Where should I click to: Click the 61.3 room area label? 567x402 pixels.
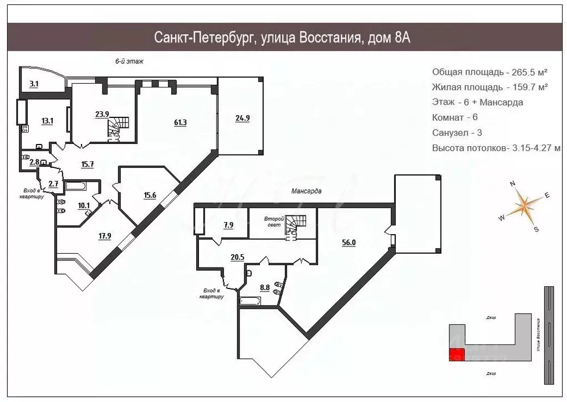pyautogui.click(x=180, y=122)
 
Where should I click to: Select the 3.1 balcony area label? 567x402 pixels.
pyautogui.click(x=34, y=84)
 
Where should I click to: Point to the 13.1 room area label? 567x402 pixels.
pyautogui.click(x=47, y=121)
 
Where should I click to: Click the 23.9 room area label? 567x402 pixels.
pyautogui.click(x=101, y=115)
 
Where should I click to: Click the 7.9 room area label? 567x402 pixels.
pyautogui.click(x=227, y=225)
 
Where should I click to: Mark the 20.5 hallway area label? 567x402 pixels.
pyautogui.click(x=237, y=256)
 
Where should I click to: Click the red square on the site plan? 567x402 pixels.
pyautogui.click(x=457, y=357)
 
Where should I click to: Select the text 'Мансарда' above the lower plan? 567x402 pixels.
pyautogui.click(x=307, y=190)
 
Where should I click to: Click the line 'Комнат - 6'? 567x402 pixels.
pyautogui.click(x=454, y=117)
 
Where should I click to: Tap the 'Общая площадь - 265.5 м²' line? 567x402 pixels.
pyautogui.click(x=490, y=72)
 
